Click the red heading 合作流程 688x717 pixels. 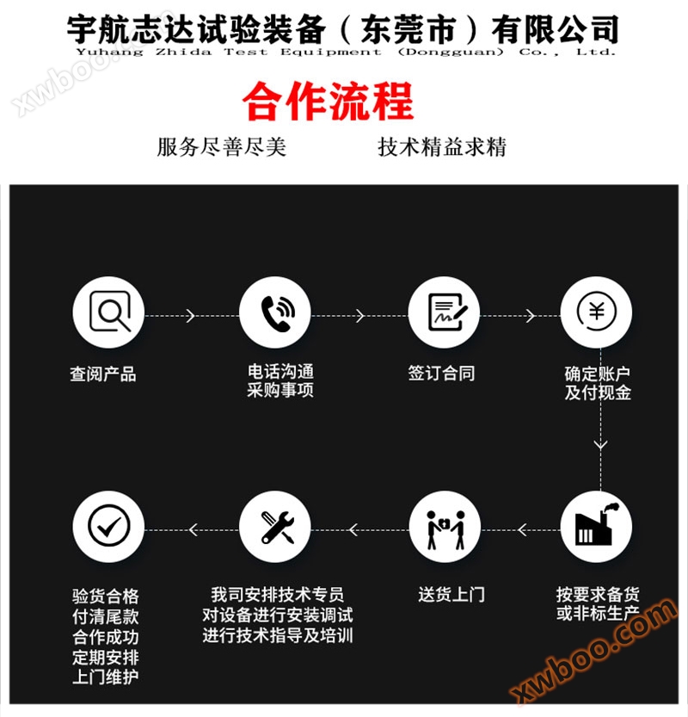(328, 101)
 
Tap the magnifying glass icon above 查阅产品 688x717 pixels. (110, 312)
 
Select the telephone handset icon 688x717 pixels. (277, 313)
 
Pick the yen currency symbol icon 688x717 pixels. (597, 312)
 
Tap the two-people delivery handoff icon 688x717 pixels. (445, 529)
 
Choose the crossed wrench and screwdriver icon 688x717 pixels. (278, 528)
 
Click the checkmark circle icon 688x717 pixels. (108, 525)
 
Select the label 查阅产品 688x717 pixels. (103, 374)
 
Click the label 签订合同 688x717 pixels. (441, 374)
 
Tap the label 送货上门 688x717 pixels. (451, 595)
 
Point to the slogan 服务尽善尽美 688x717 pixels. (222, 147)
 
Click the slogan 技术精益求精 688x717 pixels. (442, 147)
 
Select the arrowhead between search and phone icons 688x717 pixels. (191, 316)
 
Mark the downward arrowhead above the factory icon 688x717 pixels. (600, 444)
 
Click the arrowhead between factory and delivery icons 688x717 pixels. (523, 530)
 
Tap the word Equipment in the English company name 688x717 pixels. (331, 52)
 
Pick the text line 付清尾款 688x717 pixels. (106, 616)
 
